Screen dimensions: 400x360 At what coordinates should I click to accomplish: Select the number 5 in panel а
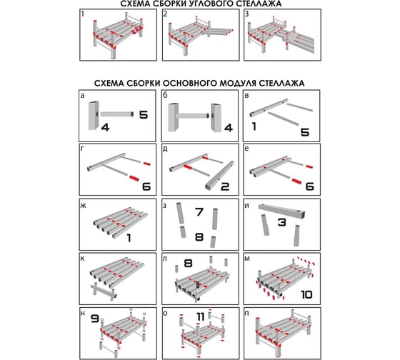click(x=144, y=115)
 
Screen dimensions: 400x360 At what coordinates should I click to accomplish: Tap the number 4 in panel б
click(x=229, y=128)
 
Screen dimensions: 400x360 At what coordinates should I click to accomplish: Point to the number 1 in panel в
click(x=254, y=126)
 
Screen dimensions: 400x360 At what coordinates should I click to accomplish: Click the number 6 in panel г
click(x=146, y=186)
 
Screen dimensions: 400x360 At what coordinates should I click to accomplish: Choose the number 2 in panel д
click(x=225, y=186)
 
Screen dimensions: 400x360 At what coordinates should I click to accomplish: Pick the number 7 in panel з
click(x=199, y=211)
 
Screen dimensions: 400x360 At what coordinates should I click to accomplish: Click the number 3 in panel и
click(x=281, y=222)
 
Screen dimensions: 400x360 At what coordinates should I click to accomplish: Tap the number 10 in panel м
click(x=306, y=295)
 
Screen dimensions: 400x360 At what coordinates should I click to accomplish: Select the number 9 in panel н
click(x=95, y=319)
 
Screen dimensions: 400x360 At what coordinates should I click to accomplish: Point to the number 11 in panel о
click(x=201, y=316)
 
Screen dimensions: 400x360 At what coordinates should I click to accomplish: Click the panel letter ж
click(x=83, y=206)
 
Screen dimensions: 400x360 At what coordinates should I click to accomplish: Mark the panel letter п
click(x=246, y=314)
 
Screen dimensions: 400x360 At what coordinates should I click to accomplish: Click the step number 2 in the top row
click(x=165, y=14)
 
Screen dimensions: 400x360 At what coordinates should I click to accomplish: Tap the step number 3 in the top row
click(x=246, y=14)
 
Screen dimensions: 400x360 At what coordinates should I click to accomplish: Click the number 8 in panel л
click(x=188, y=263)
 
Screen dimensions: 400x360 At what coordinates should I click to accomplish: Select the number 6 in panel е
click(x=309, y=186)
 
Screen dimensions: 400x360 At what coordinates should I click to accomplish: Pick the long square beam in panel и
click(x=282, y=211)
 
